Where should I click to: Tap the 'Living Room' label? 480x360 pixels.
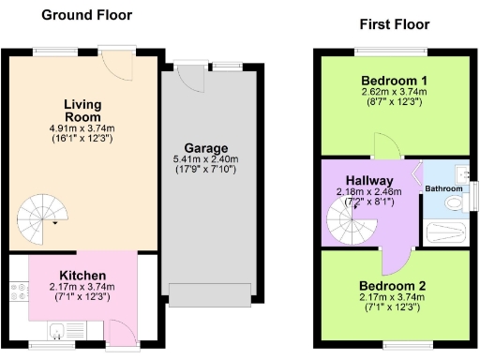[82, 111]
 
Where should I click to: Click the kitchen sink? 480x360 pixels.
[57, 329]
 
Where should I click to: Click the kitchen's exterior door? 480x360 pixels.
[123, 331]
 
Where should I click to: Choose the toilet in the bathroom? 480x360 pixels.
[454, 202]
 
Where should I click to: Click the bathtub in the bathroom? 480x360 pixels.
[446, 233]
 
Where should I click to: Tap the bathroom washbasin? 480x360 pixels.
[461, 173]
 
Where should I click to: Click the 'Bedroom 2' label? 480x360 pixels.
[392, 286]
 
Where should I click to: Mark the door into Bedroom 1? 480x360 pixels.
[385, 145]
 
